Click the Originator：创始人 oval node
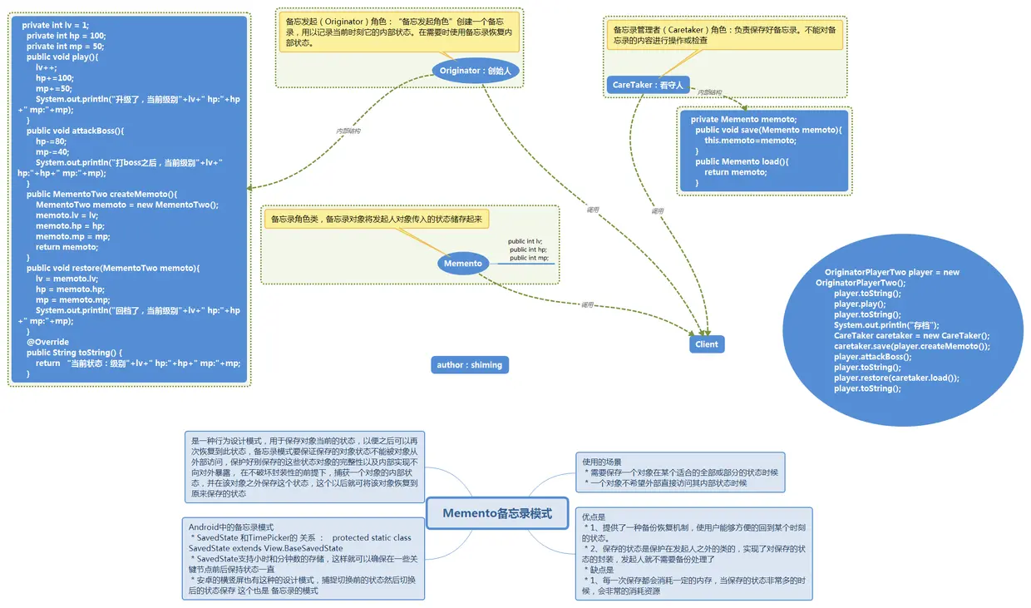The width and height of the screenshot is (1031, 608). [476, 71]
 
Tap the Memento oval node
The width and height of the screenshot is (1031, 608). [462, 264]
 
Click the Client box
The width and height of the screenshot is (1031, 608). [706, 344]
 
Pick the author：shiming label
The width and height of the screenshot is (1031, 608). [469, 365]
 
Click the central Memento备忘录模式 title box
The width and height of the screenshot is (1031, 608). [496, 513]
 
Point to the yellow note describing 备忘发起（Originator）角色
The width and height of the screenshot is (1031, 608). [399, 32]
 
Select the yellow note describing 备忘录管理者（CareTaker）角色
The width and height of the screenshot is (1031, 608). [724, 34]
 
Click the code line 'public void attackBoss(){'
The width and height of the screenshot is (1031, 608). [75, 131]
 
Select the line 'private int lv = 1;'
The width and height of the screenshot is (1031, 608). [55, 25]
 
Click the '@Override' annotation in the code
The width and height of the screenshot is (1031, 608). [47, 342]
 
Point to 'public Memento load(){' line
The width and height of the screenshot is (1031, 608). [742, 161]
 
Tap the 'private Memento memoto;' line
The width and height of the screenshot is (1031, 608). [743, 119]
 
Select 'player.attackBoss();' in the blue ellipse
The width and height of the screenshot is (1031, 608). [872, 357]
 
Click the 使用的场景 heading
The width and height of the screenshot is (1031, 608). [601, 462]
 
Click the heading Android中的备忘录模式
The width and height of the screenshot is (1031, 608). [231, 527]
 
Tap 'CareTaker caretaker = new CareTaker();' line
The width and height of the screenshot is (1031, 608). [911, 336]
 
